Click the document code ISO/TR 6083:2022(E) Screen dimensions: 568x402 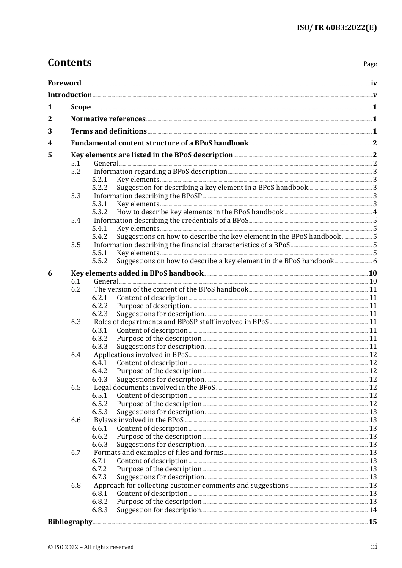(x=336, y=27)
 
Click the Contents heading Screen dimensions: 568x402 (x=69, y=63)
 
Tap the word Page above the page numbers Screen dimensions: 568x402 (x=370, y=64)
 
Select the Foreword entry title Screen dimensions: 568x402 (x=64, y=83)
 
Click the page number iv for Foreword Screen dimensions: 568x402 (x=374, y=83)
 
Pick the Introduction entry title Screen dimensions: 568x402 (x=70, y=95)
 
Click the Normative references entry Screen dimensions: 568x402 (x=108, y=119)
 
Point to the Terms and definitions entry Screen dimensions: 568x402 (x=109, y=131)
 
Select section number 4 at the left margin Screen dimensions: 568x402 (x=50, y=143)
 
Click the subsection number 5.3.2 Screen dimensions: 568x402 (x=100, y=212)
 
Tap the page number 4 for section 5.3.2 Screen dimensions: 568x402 (x=375, y=212)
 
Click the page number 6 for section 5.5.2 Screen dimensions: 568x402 (x=375, y=261)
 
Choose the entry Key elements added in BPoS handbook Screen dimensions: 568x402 (x=137, y=273)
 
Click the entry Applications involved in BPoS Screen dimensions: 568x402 (x=141, y=355)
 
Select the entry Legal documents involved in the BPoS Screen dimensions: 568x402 (x=154, y=388)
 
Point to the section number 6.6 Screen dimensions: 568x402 (x=76, y=420)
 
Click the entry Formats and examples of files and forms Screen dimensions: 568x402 (x=158, y=453)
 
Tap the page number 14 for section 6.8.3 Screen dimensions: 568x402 (x=373, y=510)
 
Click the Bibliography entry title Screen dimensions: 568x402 (x=70, y=522)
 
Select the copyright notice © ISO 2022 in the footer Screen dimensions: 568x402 (x=91, y=547)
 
